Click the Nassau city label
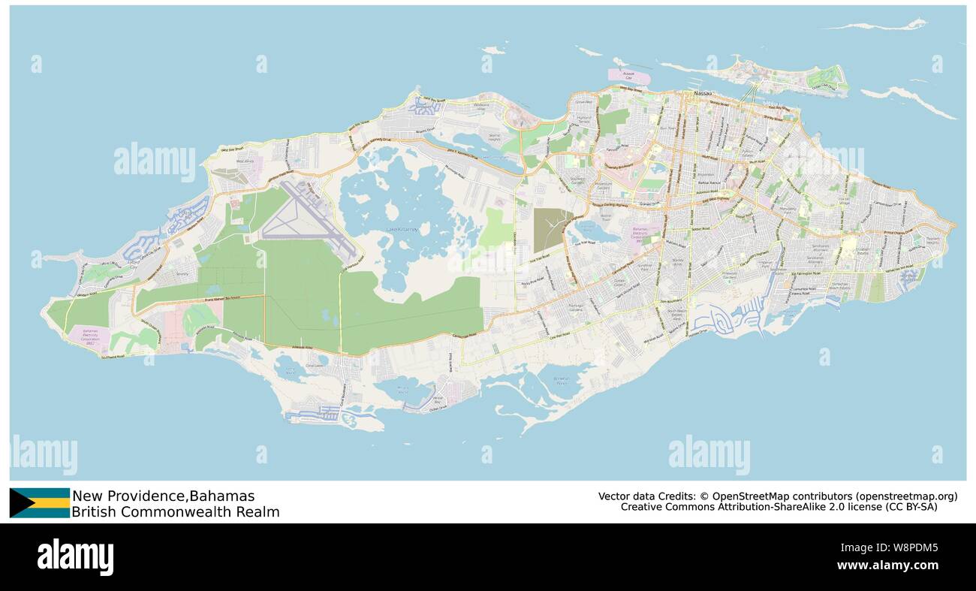click(x=703, y=92)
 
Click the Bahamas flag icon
click(x=39, y=503)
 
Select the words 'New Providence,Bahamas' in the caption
click(x=163, y=496)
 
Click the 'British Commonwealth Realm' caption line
click(x=175, y=512)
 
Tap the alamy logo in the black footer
click(x=75, y=557)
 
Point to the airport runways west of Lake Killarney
click(x=308, y=218)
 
